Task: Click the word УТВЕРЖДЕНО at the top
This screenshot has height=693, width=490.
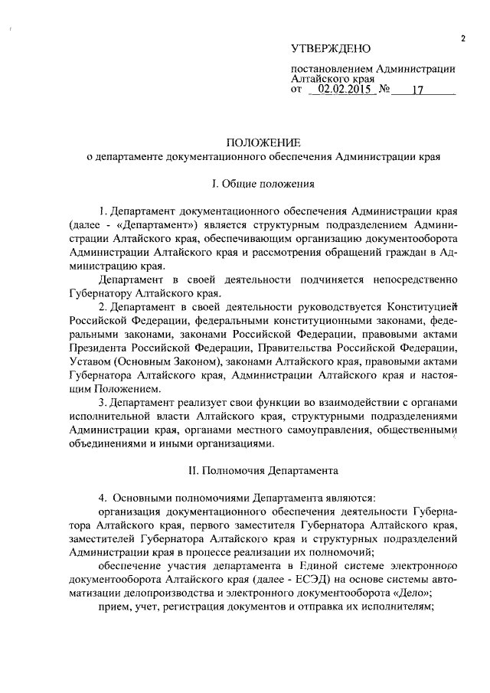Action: (331, 49)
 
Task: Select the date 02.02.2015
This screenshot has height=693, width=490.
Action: (343, 90)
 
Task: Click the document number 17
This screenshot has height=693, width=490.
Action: (417, 90)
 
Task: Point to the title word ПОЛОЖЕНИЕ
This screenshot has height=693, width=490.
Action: (263, 142)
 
